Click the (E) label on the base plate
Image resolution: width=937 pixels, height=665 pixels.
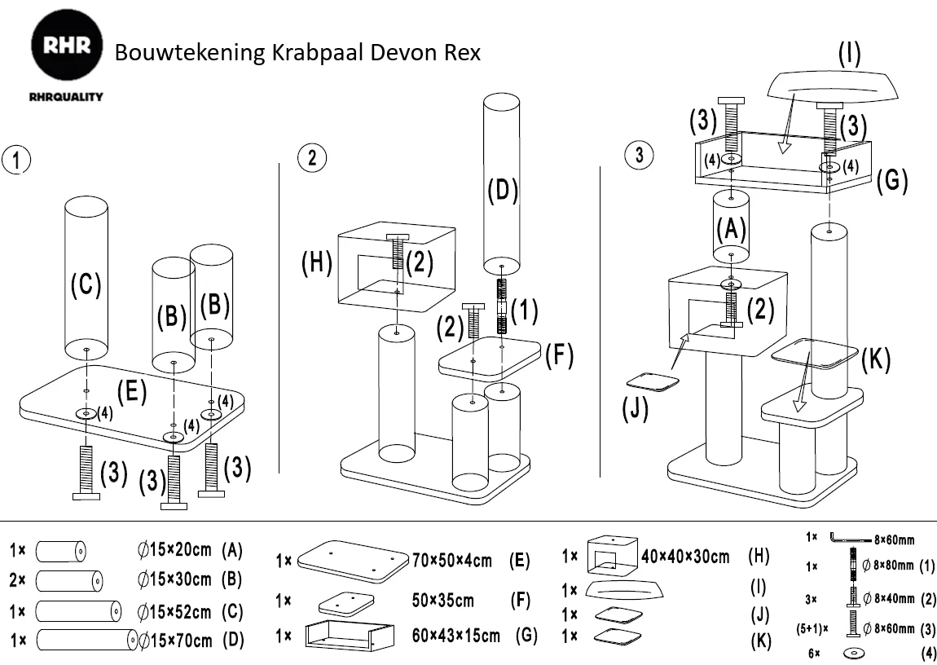pyautogui.click(x=131, y=392)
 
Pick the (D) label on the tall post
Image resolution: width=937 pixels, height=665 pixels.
pyautogui.click(x=502, y=192)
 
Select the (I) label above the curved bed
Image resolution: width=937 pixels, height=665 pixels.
pyautogui.click(x=850, y=54)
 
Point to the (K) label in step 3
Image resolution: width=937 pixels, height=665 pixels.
pyautogui.click(x=876, y=360)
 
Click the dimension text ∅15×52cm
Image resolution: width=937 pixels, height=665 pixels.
pyautogui.click(x=174, y=611)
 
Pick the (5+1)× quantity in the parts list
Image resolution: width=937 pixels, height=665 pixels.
pyautogui.click(x=812, y=628)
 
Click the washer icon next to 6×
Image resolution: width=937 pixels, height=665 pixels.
pyautogui.click(x=856, y=654)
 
